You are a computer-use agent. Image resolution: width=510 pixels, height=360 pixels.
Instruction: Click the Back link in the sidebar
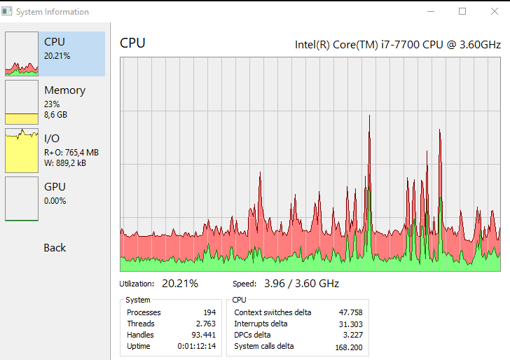point(55,248)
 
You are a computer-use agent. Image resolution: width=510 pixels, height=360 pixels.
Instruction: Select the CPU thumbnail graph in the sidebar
point(22,54)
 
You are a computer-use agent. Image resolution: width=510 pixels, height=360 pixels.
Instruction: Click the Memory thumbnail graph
point(22,102)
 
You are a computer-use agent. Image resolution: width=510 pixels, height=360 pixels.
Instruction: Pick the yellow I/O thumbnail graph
point(22,150)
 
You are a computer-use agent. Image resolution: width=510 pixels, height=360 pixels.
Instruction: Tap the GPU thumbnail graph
point(22,198)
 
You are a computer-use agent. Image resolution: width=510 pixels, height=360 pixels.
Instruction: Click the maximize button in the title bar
point(462,11)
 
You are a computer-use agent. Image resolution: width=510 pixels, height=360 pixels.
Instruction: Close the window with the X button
point(494,11)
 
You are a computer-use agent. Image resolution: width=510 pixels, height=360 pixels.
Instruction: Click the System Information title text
point(53,12)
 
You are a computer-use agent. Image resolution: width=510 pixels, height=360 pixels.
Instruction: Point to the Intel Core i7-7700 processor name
point(397,45)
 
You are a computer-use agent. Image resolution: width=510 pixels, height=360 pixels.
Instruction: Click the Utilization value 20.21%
point(179,284)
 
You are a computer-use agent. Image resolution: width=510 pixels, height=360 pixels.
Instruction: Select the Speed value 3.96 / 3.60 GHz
point(301,284)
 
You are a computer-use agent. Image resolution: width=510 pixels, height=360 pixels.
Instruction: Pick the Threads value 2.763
point(205,324)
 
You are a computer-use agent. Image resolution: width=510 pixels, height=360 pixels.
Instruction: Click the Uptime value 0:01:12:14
point(196,346)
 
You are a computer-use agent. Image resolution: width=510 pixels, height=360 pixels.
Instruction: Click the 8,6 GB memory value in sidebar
point(55,115)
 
